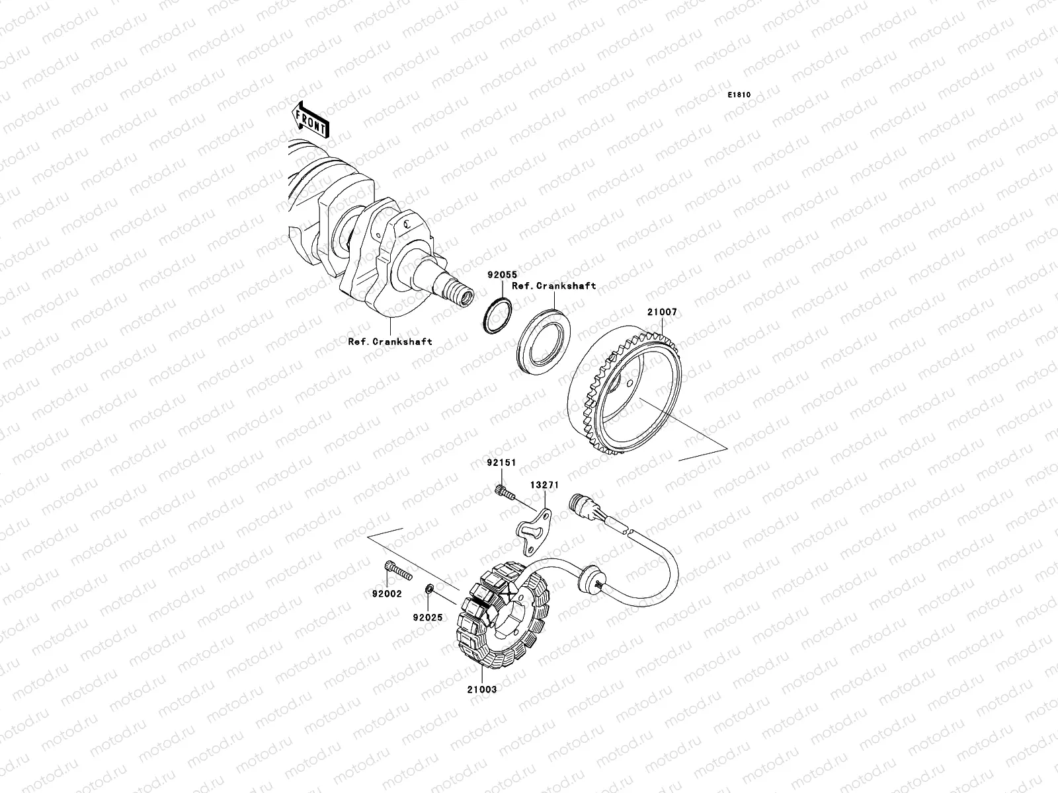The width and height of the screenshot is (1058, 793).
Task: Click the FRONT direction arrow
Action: (310, 120)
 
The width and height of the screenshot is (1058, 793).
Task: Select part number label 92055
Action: (503, 275)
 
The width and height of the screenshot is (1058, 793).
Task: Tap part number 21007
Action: (663, 312)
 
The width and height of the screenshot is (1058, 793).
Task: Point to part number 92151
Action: (501, 463)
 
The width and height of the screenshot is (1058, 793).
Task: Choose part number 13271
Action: (545, 485)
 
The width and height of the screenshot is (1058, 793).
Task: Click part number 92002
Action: (387, 594)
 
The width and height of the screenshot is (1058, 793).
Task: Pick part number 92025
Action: (428, 618)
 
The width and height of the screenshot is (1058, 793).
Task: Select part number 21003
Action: (482, 689)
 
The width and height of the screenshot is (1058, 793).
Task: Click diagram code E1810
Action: (739, 95)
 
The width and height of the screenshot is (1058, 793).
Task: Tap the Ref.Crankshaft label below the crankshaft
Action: (390, 342)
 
